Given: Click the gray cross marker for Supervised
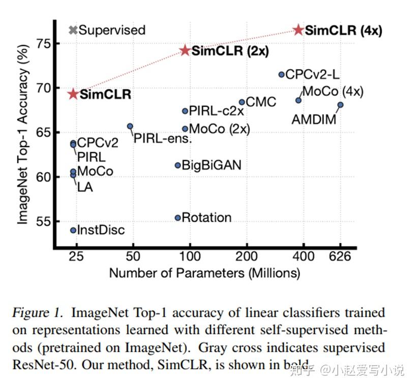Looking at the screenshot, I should coord(73,30).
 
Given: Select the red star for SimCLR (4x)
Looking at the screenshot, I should coord(299,30).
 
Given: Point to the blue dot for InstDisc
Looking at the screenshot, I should coord(73,230).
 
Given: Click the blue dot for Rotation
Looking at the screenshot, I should coord(177,218).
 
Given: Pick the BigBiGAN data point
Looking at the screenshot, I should coord(177,165).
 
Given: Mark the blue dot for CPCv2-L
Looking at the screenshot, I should coord(281,75).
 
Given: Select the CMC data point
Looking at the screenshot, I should coord(242,102).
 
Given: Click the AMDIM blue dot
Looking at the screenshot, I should coord(340,105).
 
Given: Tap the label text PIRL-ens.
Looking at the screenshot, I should coord(162,138).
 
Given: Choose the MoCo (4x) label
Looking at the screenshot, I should coord(333,92).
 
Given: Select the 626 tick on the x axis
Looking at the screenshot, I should coord(340,256).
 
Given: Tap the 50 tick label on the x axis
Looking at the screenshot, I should coord(133,256).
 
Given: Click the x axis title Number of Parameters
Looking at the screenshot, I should coord(204,273).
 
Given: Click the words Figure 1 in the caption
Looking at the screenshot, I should coord(39,312).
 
